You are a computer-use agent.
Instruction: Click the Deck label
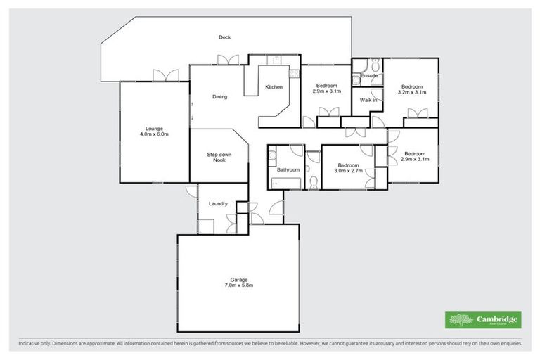[x=224, y=37]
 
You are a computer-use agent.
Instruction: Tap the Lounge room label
[x=154, y=128]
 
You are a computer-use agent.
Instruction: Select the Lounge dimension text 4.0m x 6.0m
[x=154, y=134]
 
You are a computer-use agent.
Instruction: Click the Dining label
[x=219, y=97]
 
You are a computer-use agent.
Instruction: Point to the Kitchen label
[x=274, y=87]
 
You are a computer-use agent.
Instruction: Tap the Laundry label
[x=218, y=204]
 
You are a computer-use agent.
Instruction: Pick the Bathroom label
[x=288, y=170]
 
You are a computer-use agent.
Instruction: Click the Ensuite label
[x=370, y=75]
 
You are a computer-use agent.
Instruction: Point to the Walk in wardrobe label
[x=368, y=101]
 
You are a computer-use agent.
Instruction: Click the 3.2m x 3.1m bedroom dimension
[x=411, y=92]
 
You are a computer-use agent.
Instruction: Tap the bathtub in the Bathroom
[x=285, y=184]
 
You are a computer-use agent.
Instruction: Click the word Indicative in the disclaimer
[x=29, y=344]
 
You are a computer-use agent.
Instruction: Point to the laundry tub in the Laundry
[x=205, y=226]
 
